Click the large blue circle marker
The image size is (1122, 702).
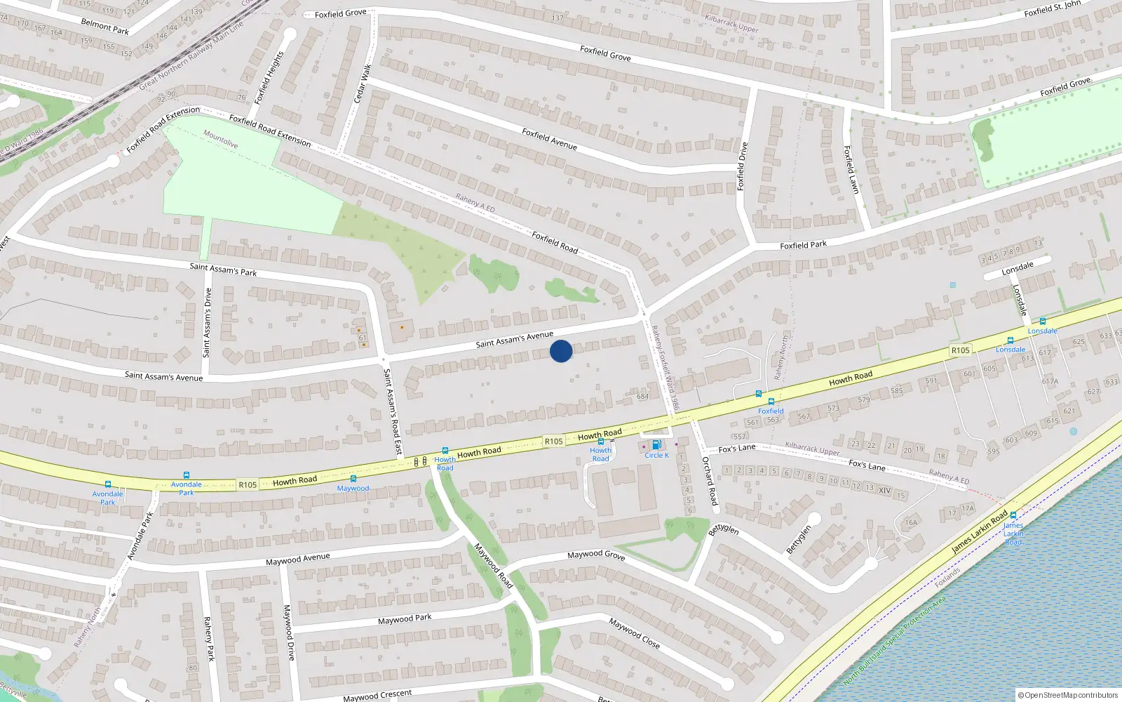[560, 351]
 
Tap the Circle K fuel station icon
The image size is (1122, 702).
[656, 444]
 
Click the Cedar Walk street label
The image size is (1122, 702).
[363, 84]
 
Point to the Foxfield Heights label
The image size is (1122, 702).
[269, 77]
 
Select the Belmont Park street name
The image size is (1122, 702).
[105, 27]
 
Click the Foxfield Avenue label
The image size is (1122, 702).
[549, 138]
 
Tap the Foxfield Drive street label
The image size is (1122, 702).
[742, 166]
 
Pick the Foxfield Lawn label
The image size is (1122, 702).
[851, 169]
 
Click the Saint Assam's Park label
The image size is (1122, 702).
[223, 269]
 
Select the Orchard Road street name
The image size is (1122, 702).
[710, 481]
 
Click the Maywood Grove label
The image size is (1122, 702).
[596, 555]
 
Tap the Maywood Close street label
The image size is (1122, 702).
[634, 633]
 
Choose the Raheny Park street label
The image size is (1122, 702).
[208, 638]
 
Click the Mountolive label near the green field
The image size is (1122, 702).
[220, 139]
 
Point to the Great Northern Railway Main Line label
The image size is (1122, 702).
[191, 55]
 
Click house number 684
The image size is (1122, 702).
[642, 397]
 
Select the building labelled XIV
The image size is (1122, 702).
[884, 490]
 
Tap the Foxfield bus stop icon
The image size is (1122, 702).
[771, 402]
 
